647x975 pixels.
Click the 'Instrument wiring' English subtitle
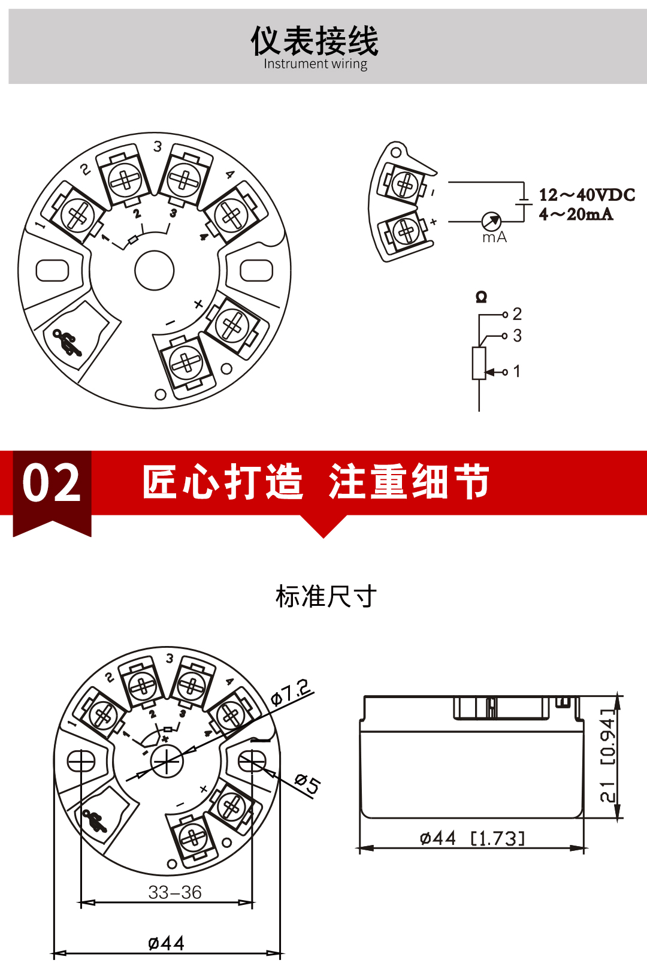click(x=316, y=64)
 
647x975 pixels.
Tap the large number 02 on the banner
click(x=52, y=483)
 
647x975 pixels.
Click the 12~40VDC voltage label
click(x=586, y=195)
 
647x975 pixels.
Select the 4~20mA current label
click(x=576, y=214)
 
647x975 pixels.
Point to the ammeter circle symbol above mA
click(x=491, y=221)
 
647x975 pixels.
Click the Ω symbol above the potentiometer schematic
click(x=481, y=297)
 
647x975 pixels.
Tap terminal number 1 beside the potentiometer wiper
click(x=516, y=372)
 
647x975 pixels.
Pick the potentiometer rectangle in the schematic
click(x=479, y=363)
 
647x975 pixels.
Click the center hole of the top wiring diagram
click(x=155, y=271)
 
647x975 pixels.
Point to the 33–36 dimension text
click(x=175, y=892)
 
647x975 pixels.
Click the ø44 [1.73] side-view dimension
click(x=472, y=838)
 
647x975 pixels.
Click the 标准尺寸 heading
click(x=326, y=596)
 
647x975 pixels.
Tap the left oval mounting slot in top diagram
click(x=53, y=270)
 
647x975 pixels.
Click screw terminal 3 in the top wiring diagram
click(x=185, y=178)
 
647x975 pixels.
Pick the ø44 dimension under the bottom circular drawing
click(x=166, y=943)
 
